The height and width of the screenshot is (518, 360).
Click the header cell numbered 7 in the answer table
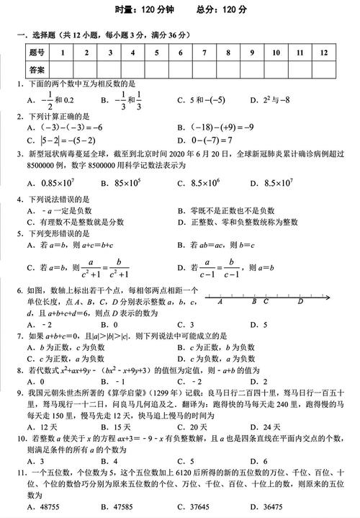204,52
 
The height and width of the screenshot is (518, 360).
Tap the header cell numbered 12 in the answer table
324,52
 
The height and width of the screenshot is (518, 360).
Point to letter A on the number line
220,303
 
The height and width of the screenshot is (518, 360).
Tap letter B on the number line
254,303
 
